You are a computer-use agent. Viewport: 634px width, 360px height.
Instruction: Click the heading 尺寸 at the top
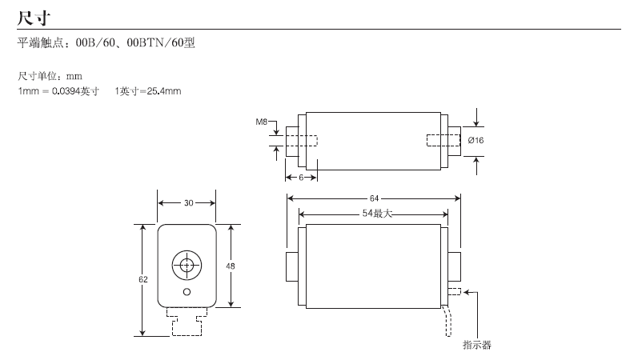[x=34, y=18]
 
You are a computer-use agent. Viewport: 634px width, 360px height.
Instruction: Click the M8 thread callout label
[x=262, y=122]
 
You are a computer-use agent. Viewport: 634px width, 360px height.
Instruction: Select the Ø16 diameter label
[x=476, y=140]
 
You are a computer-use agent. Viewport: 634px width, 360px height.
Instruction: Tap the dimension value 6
[x=301, y=178]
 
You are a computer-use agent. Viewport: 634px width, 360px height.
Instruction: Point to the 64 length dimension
[x=374, y=198]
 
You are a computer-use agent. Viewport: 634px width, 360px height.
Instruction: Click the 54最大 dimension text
[x=377, y=214]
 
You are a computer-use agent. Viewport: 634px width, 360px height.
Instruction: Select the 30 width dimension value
[x=189, y=203]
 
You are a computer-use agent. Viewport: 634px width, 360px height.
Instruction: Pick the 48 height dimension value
[x=231, y=266]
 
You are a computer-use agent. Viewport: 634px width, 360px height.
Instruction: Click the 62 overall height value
[x=143, y=279]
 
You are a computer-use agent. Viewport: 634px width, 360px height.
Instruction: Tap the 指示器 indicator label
[x=477, y=345]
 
